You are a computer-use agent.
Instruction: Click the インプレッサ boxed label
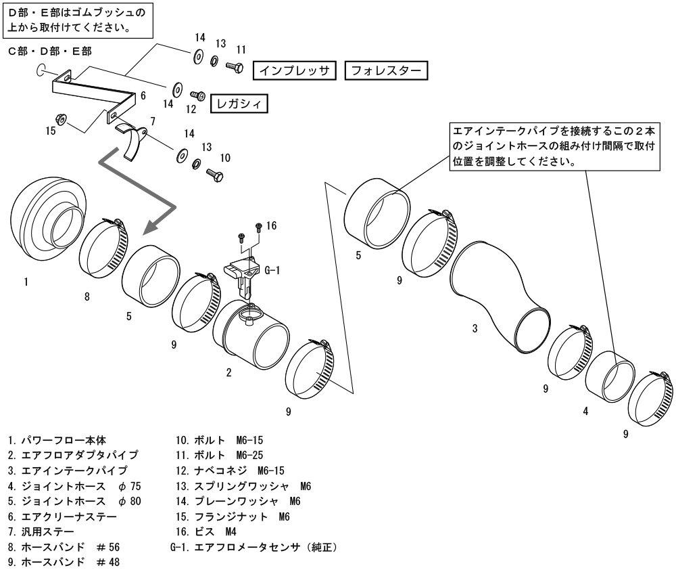tap(293, 70)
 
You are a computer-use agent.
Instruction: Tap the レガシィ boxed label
tap(238, 103)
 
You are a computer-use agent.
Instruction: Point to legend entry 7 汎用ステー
tap(41, 532)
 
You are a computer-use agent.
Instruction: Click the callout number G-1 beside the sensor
tap(272, 270)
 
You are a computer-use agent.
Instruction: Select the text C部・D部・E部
tap(49, 51)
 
